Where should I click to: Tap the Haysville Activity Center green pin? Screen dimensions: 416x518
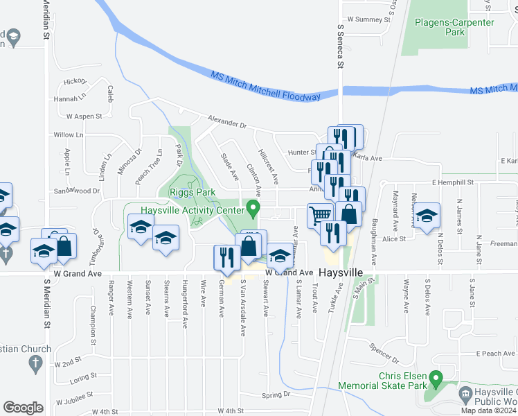point(253,207)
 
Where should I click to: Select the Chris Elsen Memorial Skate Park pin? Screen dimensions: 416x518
point(436,379)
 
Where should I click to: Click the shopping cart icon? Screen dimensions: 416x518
point(320,215)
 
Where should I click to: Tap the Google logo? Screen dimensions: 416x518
point(23,408)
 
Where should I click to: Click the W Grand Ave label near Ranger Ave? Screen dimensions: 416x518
point(84,274)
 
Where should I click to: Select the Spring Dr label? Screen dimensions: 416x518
point(276,395)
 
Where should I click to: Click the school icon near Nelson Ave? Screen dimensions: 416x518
point(427,216)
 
